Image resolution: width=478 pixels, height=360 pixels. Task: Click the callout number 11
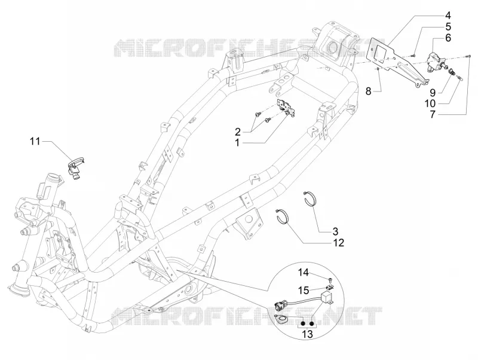click(35, 141)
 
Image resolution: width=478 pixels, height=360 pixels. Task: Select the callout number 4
click(448, 16)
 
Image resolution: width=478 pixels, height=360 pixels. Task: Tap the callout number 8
click(368, 91)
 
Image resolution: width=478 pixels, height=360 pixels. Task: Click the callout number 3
click(335, 231)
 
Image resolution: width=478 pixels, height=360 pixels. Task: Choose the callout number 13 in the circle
click(307, 334)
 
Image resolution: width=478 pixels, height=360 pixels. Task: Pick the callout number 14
click(304, 272)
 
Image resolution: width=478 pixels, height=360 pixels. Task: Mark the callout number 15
click(304, 290)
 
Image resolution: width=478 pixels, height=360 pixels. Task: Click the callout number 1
click(237, 142)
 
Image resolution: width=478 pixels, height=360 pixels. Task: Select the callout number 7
click(433, 115)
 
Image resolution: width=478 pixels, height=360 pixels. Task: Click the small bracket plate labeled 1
click(286, 108)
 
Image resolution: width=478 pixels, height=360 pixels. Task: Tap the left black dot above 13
click(304, 324)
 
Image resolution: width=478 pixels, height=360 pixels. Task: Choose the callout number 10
click(430, 103)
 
